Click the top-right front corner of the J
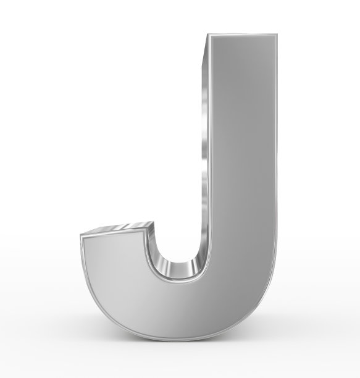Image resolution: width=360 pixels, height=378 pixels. pos(277,35)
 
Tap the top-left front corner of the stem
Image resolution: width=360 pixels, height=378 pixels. pos(208,35)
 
